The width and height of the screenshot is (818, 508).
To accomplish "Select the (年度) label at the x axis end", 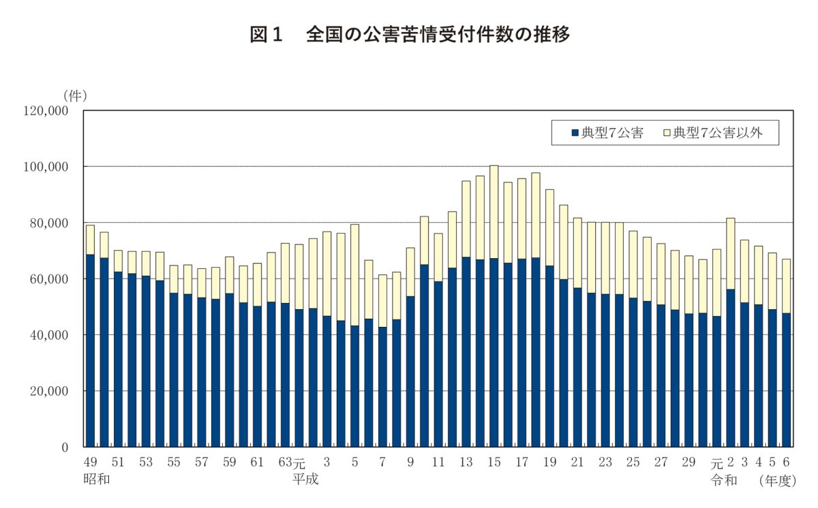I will point(777,479).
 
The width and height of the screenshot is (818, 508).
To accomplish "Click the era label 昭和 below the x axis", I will point(96,479).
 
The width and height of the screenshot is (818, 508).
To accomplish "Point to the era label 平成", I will point(305,479).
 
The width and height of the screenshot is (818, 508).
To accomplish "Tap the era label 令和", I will point(724,479).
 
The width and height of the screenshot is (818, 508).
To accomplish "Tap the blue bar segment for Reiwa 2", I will point(730,368).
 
